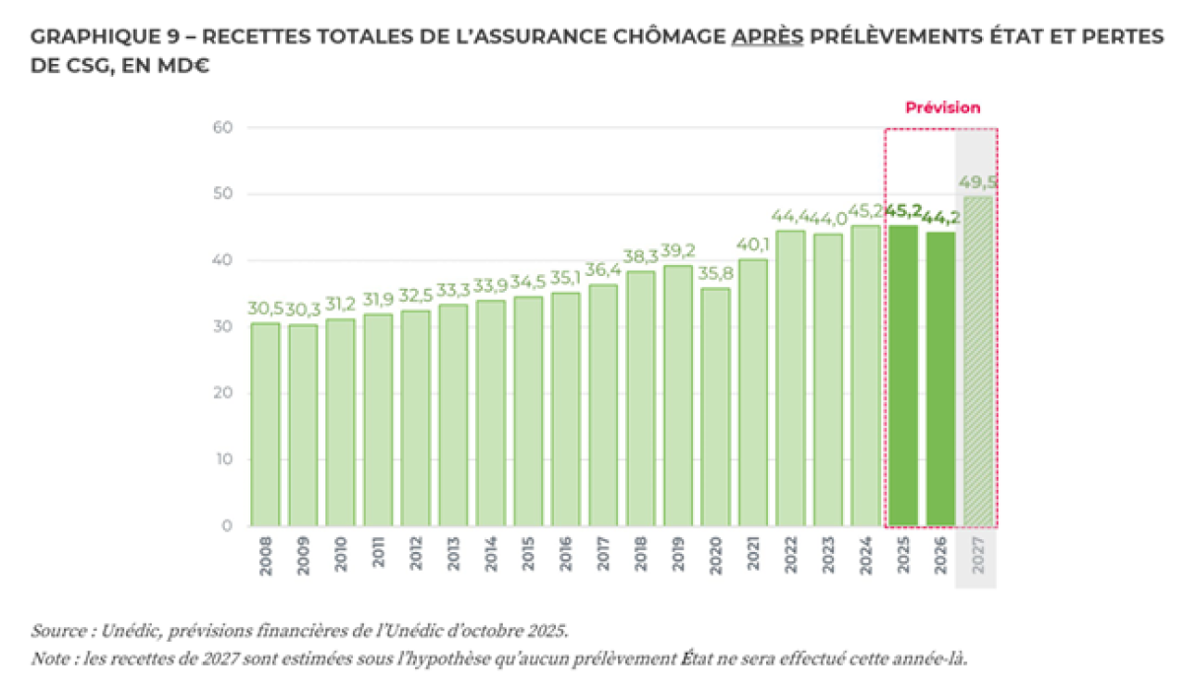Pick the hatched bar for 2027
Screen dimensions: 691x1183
pos(978,361)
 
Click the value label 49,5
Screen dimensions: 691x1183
pos(979,182)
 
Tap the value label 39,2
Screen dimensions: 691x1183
pos(678,251)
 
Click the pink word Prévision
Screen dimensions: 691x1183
pos(942,107)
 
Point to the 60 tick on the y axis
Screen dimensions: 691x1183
pos(222,127)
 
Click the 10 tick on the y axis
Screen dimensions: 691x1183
pos(224,459)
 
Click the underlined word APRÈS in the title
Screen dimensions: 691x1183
pos(767,37)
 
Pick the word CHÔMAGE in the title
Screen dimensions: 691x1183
pos(658,37)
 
